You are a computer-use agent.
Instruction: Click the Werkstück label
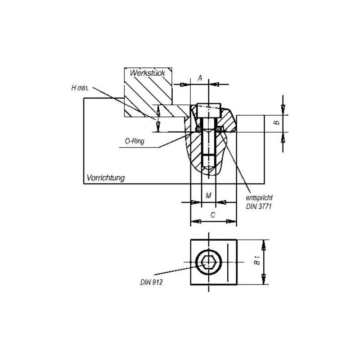(x=148, y=72)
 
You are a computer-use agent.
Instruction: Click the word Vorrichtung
(x=105, y=178)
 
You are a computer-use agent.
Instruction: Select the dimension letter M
(x=208, y=195)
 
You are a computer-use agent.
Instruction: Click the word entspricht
(x=260, y=198)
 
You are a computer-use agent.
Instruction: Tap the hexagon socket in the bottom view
(x=208, y=261)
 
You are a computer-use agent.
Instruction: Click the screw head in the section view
(x=209, y=109)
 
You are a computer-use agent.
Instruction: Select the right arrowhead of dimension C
(x=232, y=221)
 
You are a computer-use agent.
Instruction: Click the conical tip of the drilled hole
(x=209, y=169)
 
